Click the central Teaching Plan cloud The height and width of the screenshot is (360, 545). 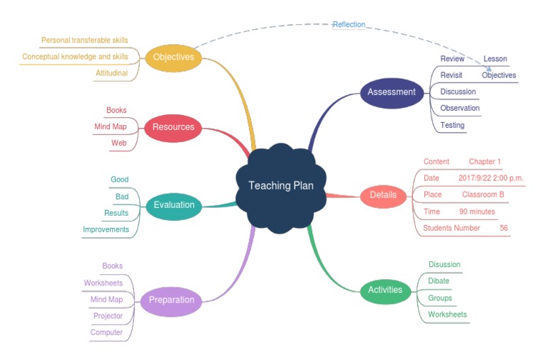pos(280,186)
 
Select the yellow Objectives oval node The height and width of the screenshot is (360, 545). pos(173,58)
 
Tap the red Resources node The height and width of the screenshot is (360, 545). pos(173,128)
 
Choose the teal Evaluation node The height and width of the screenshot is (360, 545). pos(173,205)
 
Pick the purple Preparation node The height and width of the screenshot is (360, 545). pos(171,300)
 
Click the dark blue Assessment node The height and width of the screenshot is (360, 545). pos(391,92)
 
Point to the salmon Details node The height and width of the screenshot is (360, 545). pos(383,195)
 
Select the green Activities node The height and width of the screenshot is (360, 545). pos(385,290)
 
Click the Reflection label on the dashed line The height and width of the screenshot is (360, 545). pos(349,25)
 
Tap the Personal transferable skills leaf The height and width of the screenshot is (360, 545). pos(84,40)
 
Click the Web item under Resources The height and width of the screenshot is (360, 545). pos(119,143)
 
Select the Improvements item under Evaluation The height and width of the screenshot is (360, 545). pos(106,230)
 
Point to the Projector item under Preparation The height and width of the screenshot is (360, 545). pos(108,316)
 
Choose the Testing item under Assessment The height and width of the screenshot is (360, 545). pos(452,126)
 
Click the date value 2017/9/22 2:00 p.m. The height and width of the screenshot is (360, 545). pos(490,178)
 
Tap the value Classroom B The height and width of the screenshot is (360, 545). pos(483,195)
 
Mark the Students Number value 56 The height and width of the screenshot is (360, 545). pos(503,228)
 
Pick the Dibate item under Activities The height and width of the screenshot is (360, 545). pos(439,281)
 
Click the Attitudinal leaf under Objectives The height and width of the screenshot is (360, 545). pos(111,73)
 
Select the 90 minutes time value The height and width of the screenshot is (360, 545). pos(477,212)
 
